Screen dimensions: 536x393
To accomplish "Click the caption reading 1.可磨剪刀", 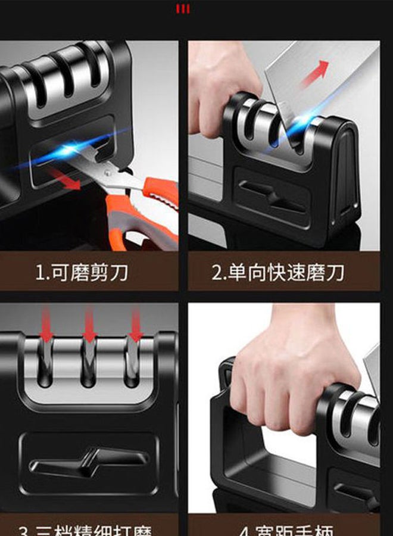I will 82,273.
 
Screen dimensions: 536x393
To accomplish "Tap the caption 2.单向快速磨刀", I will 278,273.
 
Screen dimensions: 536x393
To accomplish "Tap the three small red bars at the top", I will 182,9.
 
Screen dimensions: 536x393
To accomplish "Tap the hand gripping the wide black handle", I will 286,375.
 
